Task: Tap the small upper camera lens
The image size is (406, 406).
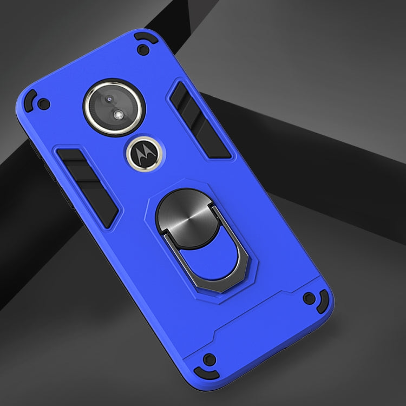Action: click(x=110, y=100)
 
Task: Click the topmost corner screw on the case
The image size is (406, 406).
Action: click(x=142, y=50)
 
